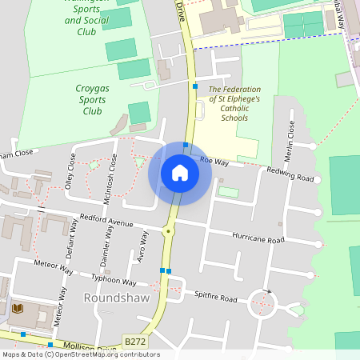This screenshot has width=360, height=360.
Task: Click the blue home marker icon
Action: (179, 173)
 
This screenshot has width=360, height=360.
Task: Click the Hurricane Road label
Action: (258, 238)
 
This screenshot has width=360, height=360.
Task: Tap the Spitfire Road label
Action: (216, 298)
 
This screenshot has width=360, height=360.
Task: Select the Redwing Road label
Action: (290, 173)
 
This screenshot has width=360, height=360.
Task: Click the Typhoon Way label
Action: (114, 280)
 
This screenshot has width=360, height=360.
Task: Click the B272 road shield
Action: (135, 340)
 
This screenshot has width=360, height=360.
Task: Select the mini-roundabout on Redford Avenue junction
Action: (168, 230)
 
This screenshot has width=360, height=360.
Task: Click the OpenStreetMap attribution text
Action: (80, 354)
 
